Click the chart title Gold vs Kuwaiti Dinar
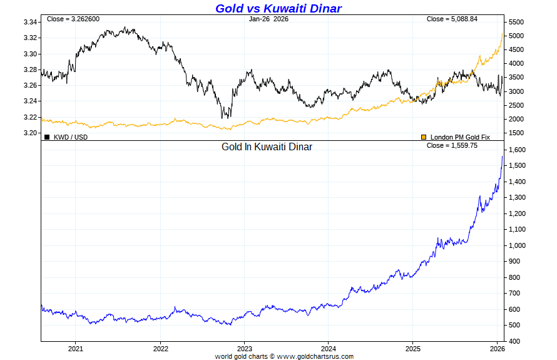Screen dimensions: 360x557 click(278, 8)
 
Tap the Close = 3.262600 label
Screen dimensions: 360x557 click(73, 19)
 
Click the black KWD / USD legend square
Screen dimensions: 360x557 click(47, 136)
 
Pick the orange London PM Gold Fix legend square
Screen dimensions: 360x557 click(424, 136)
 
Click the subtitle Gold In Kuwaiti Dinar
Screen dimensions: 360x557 click(267, 147)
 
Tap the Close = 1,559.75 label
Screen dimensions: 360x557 click(452, 145)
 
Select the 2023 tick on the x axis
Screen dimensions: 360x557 click(244, 348)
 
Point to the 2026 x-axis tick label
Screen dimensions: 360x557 click(497, 348)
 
